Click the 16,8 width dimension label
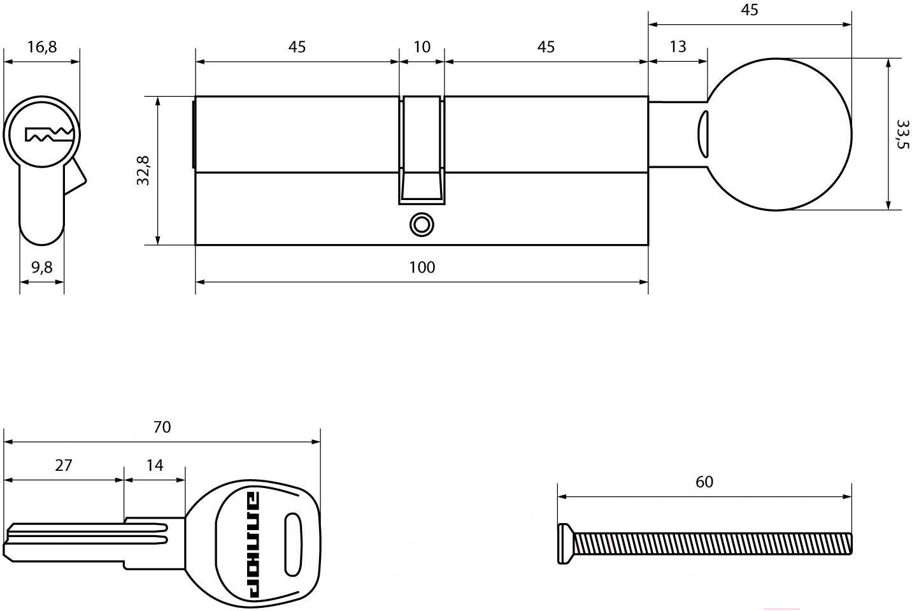pyautogui.click(x=42, y=47)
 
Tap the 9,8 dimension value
pyautogui.click(x=42, y=268)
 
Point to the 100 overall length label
pyautogui.click(x=422, y=267)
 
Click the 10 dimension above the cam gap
pyautogui.click(x=422, y=47)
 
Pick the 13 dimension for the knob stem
pyautogui.click(x=678, y=47)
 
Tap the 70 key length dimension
pyautogui.click(x=162, y=426)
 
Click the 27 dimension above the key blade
pyautogui.click(x=63, y=465)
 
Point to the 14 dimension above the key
pyautogui.click(x=155, y=465)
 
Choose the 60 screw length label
pyautogui.click(x=704, y=482)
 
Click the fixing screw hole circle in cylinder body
pyautogui.click(x=422, y=224)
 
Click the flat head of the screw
pyautogui.click(x=564, y=543)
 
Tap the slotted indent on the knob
pyautogui.click(x=702, y=133)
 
